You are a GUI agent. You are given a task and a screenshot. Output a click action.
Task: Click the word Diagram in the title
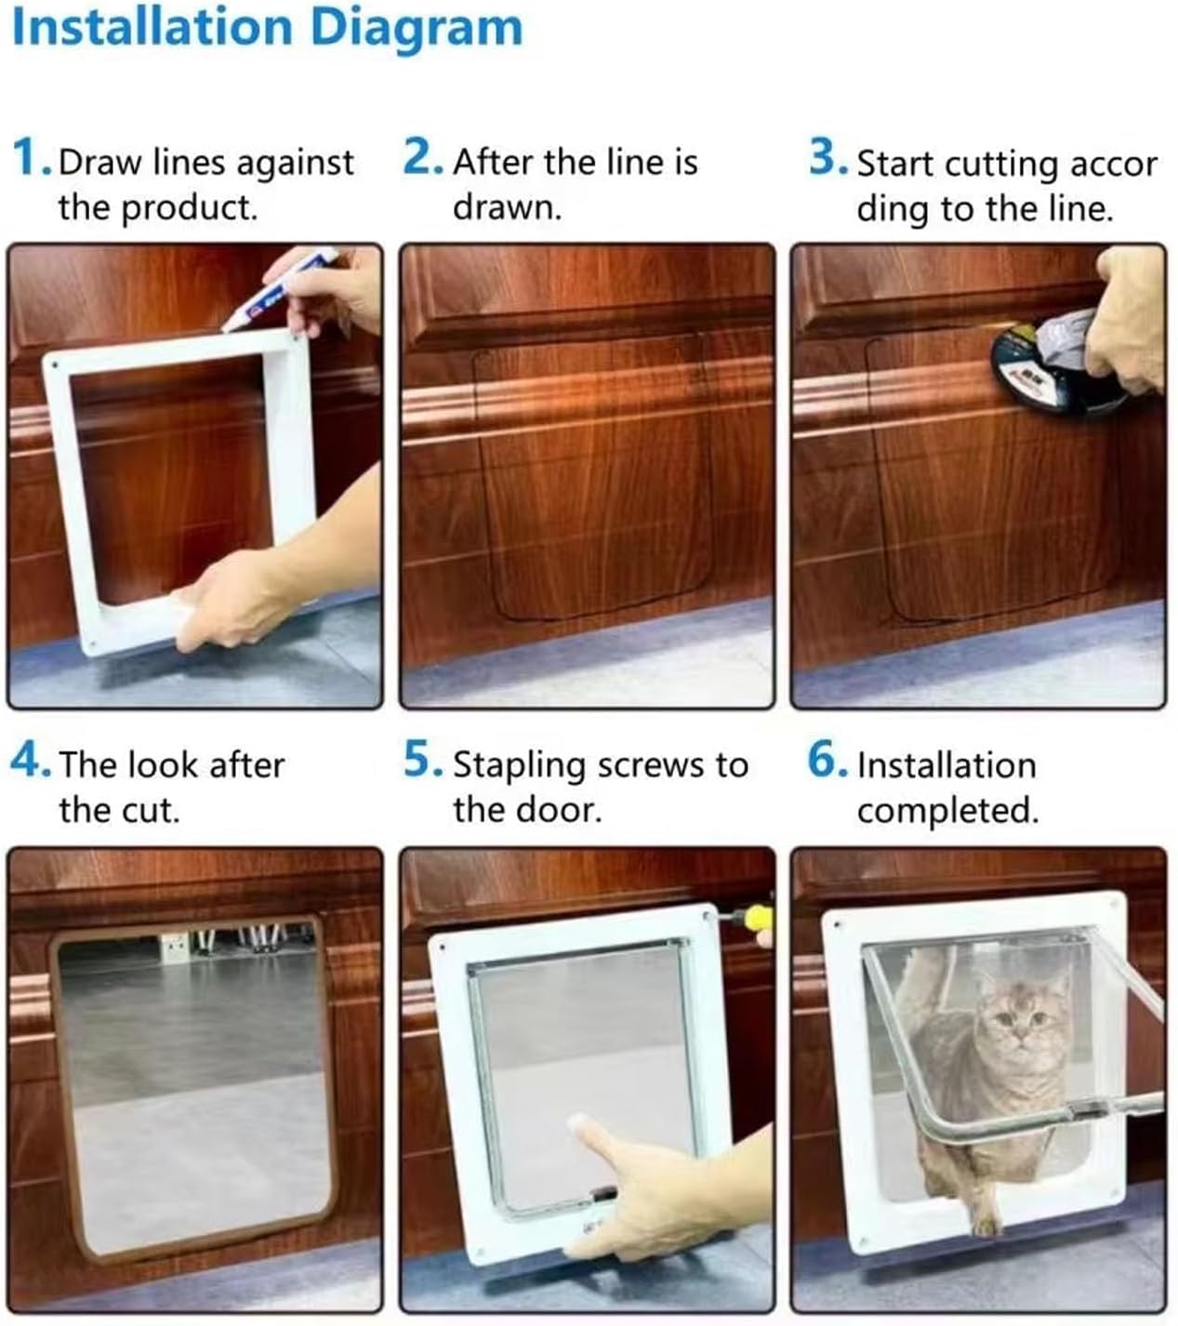coord(416,28)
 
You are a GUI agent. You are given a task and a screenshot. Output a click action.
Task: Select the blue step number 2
coord(420,157)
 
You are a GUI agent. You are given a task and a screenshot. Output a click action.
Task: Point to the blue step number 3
coord(825,157)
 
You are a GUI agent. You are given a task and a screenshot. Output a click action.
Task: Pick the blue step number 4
coord(28,760)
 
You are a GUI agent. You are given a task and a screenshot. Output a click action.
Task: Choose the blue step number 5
coord(420,760)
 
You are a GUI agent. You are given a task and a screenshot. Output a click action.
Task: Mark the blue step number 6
coord(825,760)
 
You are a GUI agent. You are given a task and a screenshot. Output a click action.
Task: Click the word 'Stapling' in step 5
coord(519,765)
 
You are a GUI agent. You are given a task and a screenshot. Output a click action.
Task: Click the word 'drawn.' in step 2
coord(507,206)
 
